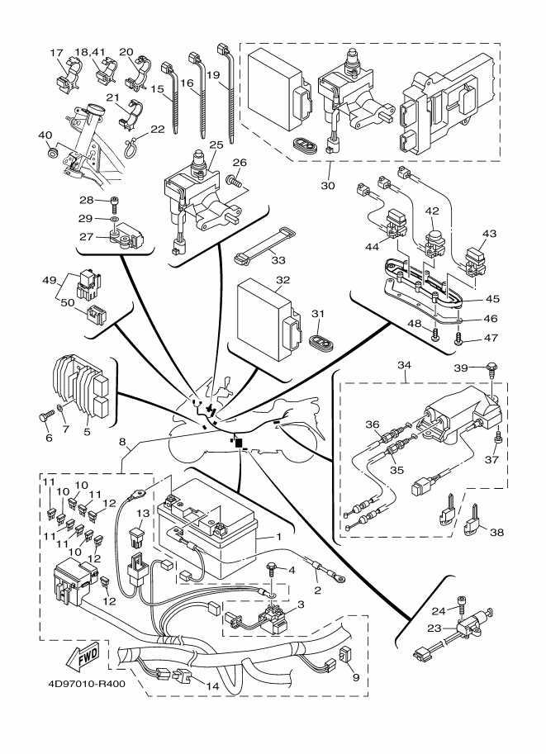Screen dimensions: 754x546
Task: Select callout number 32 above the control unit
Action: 282,281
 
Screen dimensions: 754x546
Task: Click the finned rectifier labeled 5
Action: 78,388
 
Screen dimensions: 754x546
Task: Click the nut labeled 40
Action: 53,153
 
